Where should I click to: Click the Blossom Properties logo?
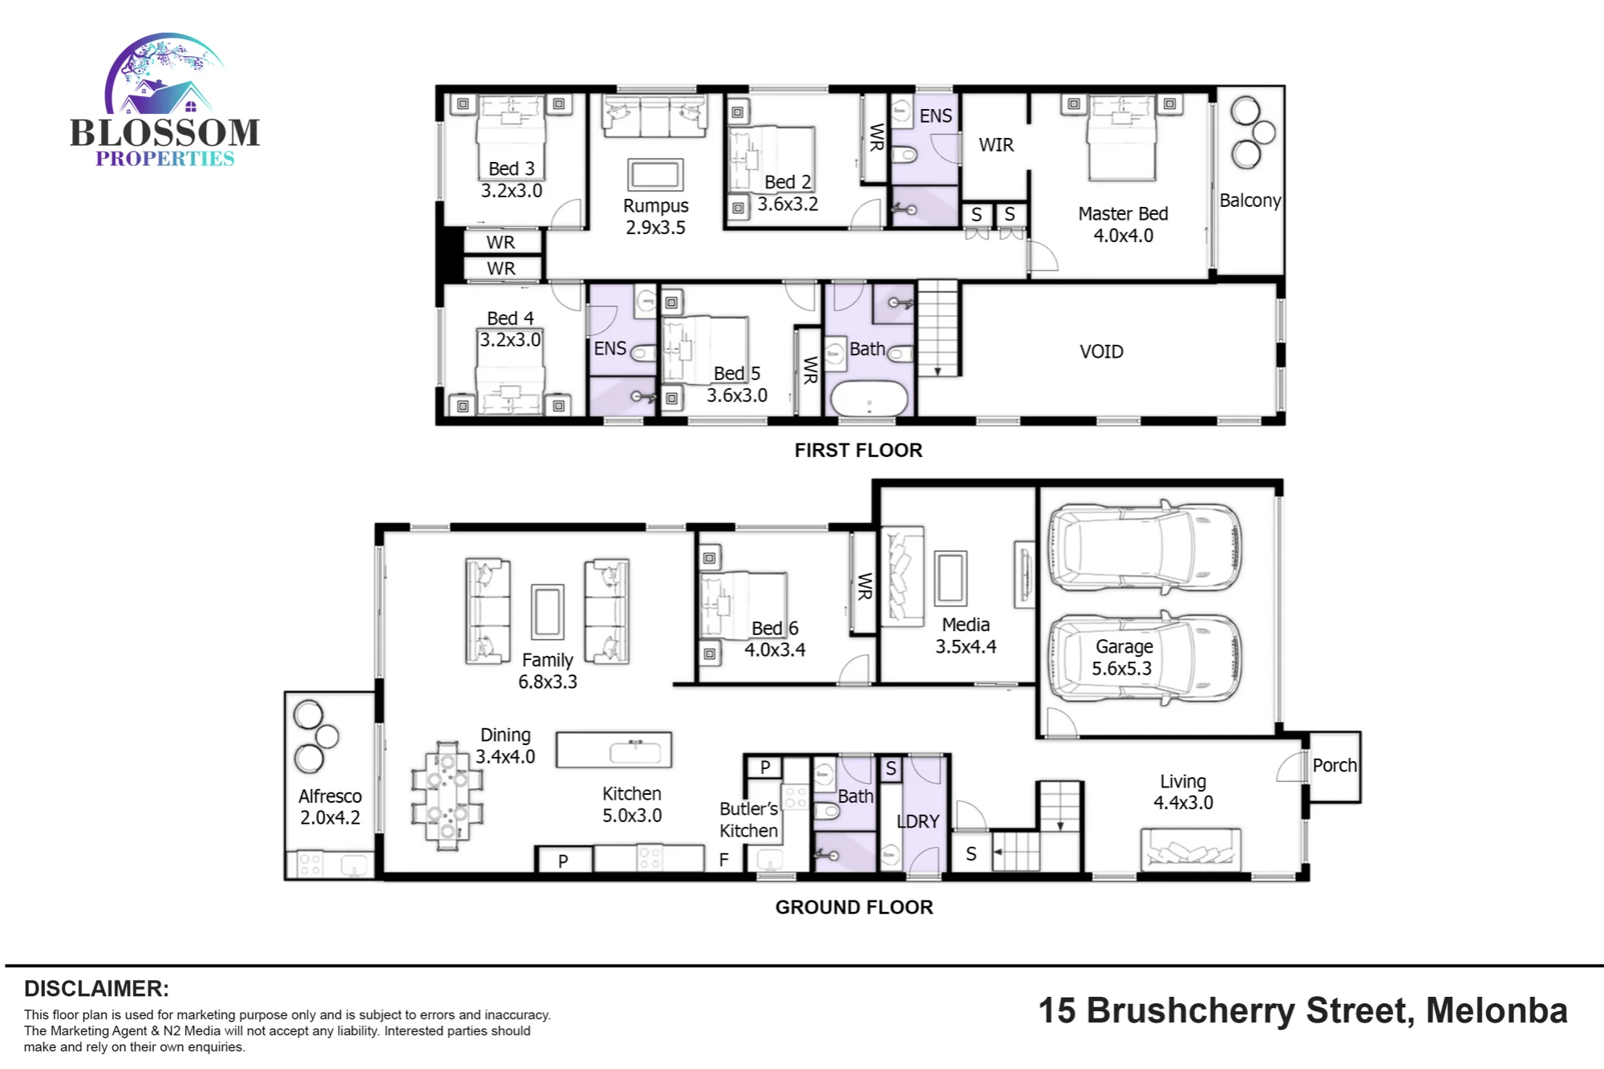pos(165,100)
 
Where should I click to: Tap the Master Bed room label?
pos(1123,214)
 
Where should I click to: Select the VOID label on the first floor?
pos(1101,351)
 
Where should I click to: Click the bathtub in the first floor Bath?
pos(869,399)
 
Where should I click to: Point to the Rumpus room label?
pos(655,206)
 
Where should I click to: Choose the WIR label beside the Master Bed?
pos(996,145)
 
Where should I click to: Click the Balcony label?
pos(1250,200)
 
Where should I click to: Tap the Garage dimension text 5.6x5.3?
pos(1121,669)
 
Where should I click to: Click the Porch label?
pos(1335,766)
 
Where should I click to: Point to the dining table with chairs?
pos(447,796)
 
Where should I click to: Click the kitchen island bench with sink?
pos(614,750)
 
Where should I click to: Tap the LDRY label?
pos(917,822)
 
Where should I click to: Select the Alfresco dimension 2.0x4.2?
pos(330,818)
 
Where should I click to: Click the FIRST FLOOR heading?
pos(858,451)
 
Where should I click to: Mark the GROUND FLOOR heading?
pos(854,907)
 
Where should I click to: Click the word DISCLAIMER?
pos(96,989)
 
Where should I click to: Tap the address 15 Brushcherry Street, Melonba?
pos(1302,1010)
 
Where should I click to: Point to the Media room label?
pos(966,625)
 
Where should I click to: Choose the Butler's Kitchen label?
pos(748,820)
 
